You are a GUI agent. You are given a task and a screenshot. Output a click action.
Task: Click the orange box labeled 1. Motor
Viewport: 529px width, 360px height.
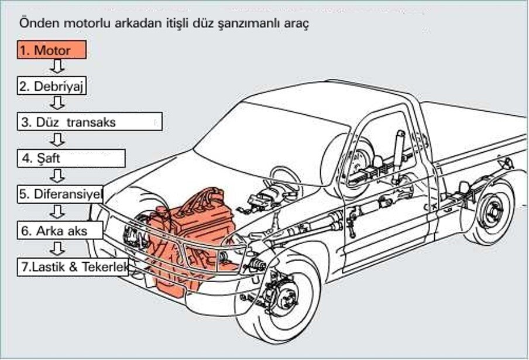click(51, 50)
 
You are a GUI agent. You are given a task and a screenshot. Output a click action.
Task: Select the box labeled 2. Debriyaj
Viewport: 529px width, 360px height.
click(51, 86)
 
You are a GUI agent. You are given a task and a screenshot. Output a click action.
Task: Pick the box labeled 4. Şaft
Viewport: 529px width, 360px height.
click(71, 157)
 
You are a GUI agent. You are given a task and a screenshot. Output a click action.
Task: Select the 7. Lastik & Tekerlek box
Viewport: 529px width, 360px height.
click(73, 266)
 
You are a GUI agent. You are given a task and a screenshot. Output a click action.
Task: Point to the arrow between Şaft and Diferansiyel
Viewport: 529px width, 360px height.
click(57, 176)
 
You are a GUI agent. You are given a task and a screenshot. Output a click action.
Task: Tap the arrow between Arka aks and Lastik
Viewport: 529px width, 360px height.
click(57, 248)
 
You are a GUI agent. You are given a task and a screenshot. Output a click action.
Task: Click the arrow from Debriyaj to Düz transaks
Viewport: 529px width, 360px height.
click(57, 104)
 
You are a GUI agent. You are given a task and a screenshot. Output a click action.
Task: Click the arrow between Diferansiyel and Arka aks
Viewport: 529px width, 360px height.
click(57, 212)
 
